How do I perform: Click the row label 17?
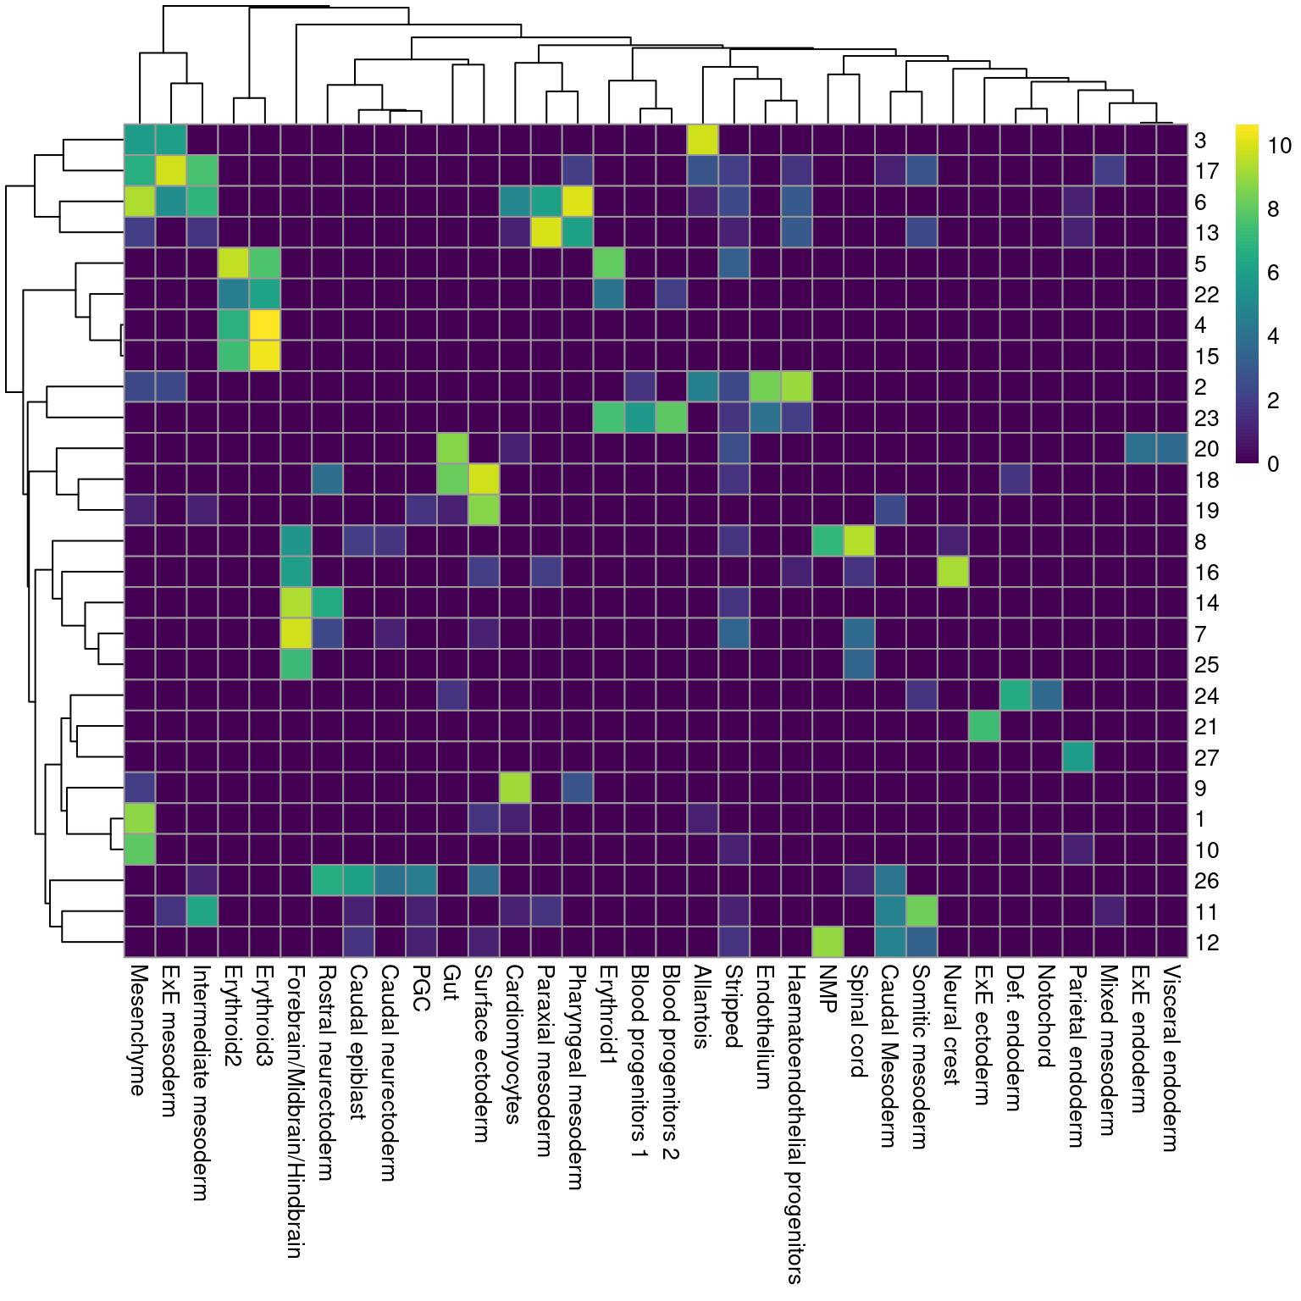[x=1206, y=171]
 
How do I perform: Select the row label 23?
[x=1206, y=418]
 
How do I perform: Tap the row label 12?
[x=1206, y=943]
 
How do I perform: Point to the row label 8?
[x=1200, y=542]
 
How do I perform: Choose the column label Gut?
[x=451, y=983]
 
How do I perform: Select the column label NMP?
[x=828, y=988]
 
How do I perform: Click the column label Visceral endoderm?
[x=1171, y=1058]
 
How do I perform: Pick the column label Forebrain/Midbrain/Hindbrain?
[x=296, y=1110]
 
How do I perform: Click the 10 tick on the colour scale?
[x=1279, y=146]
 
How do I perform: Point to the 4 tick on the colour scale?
[x=1273, y=336]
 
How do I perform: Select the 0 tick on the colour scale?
[x=1273, y=463]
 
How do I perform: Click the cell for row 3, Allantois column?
[x=703, y=140]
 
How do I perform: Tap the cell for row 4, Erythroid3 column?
[x=265, y=325]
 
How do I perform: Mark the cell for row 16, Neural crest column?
[x=953, y=572]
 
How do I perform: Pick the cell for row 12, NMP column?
[x=828, y=942]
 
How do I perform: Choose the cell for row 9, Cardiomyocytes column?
[x=515, y=788]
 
